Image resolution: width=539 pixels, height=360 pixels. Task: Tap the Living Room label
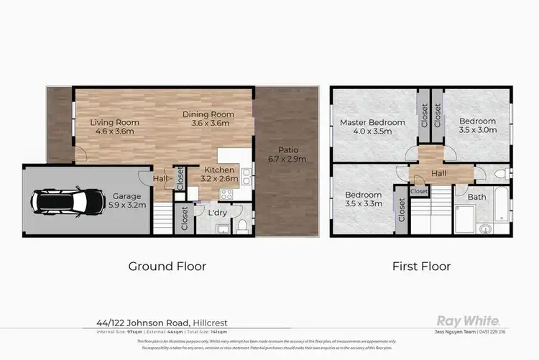(x=114, y=127)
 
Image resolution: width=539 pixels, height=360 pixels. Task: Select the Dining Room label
(x=208, y=119)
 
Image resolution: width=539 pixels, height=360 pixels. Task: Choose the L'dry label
(x=216, y=213)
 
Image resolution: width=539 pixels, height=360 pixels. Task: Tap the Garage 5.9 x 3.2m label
(x=129, y=200)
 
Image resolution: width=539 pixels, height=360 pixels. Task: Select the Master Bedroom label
(x=372, y=127)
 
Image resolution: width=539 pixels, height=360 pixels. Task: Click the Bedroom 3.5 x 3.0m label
(x=478, y=126)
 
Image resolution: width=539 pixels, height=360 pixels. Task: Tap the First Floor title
(x=421, y=266)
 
